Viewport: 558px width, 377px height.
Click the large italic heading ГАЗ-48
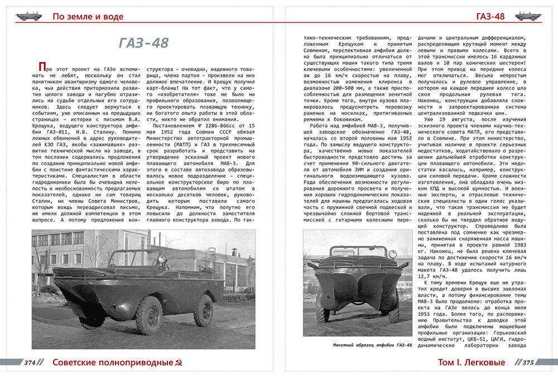(x=144, y=44)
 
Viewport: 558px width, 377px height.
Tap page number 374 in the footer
(x=30, y=362)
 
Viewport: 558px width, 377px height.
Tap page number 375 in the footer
(x=527, y=362)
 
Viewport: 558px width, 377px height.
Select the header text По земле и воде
(x=88, y=17)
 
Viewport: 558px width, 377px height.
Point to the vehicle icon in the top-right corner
(x=528, y=16)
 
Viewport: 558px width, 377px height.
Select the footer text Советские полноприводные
(x=112, y=362)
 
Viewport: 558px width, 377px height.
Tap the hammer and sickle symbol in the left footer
(x=179, y=362)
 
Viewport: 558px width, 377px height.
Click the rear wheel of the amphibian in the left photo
(x=203, y=311)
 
